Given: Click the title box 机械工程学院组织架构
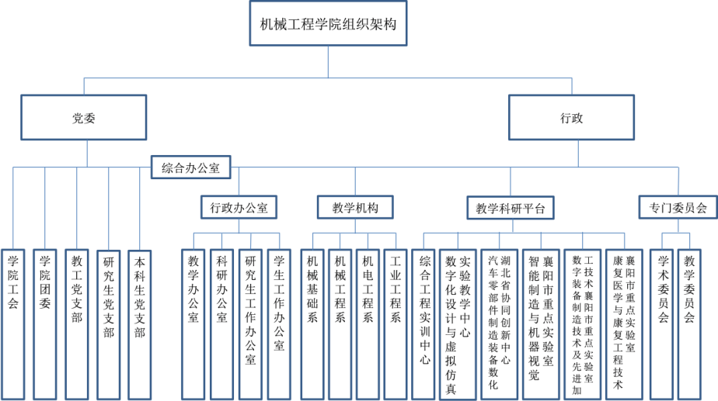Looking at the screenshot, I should pos(328,24).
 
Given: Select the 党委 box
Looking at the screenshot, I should pos(83,119).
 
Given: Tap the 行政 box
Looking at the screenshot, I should pos(570,119).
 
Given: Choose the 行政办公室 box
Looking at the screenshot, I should pos(239,208).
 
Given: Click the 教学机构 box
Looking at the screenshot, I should pos(355,208).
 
